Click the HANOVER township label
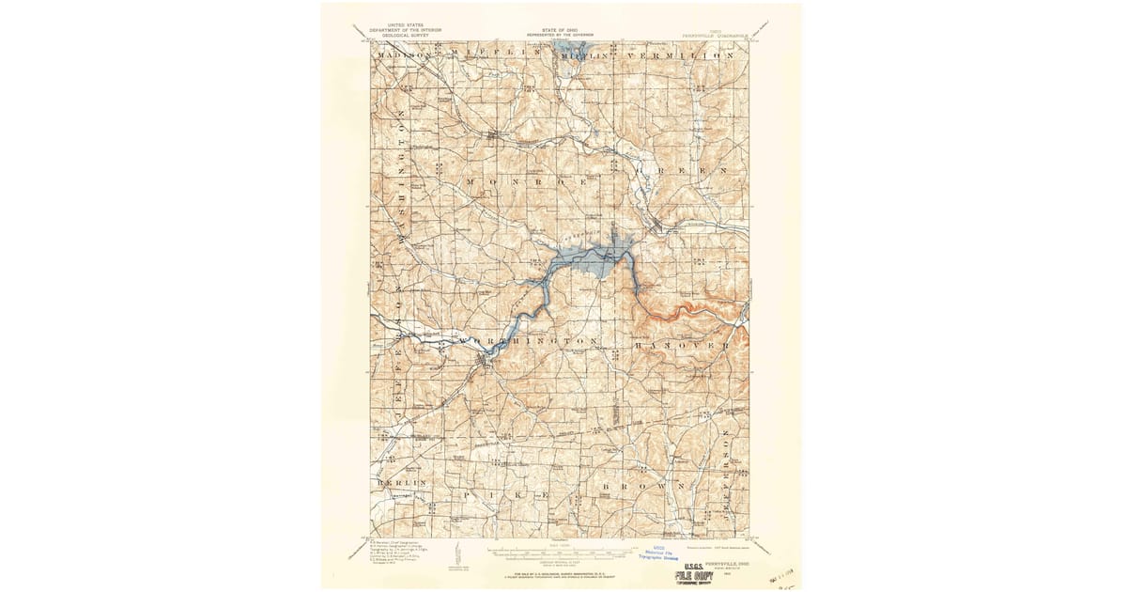point(683,346)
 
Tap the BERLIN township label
point(402,482)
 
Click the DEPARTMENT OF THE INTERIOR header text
point(405,30)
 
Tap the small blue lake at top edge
point(569,48)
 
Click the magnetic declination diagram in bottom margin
point(454,553)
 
